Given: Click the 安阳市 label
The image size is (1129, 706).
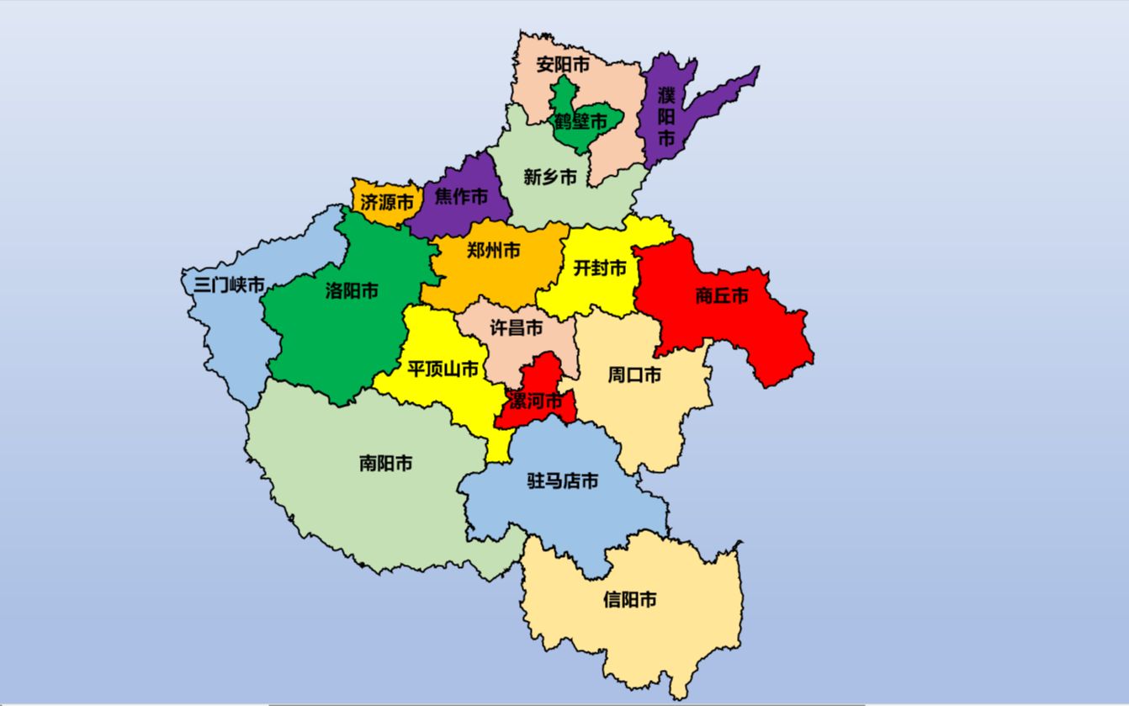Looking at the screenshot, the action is pos(563,65).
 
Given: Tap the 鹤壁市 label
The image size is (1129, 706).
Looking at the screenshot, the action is pos(580,122).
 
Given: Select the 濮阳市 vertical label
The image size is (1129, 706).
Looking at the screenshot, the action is pos(666,115).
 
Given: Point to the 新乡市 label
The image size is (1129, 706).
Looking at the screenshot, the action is pos(550,177).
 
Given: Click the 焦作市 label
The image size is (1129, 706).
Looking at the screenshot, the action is pos(461,197).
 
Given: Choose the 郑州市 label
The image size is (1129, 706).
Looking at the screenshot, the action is pos(493,250).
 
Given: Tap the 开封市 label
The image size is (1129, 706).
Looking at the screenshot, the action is pos(600,268).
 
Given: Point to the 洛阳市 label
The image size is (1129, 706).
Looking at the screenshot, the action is pos(352,291).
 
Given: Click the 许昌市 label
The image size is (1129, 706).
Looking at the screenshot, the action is pos(517,328).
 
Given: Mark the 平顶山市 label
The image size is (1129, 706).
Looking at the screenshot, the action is pos(443,369).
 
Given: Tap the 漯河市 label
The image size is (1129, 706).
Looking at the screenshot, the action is pos(533,402).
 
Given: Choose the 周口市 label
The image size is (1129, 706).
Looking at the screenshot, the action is pos(634,374).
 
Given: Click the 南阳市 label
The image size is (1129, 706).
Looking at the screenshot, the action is pos(385,463).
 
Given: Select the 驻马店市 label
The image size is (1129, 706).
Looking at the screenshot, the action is pos(563,481).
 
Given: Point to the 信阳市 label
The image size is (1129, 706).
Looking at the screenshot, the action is pos(630,600).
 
